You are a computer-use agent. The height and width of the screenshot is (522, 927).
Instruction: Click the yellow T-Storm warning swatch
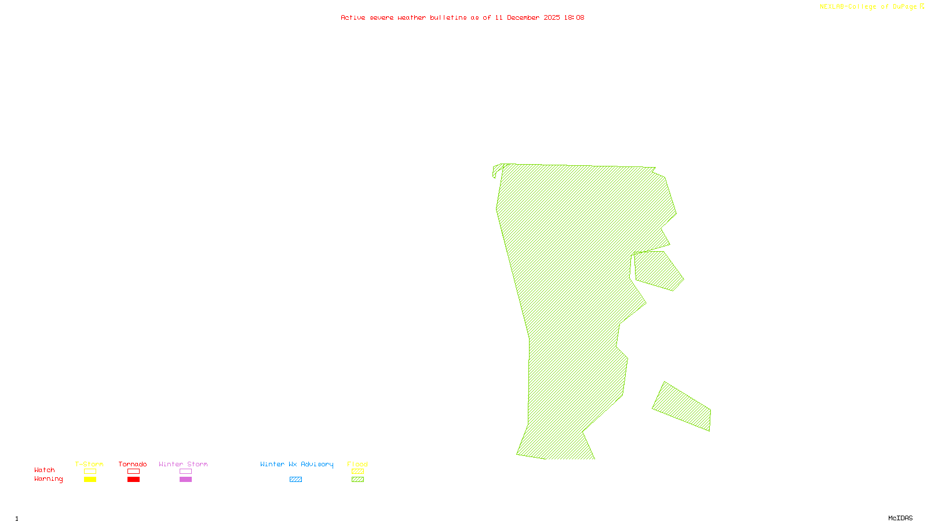90,480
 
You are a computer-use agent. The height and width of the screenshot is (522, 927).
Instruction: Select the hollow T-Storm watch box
90,472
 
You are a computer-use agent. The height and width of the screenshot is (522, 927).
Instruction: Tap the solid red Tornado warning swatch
134,480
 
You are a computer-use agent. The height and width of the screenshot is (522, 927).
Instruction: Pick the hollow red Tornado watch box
134,472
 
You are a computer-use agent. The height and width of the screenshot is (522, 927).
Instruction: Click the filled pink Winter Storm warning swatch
185,480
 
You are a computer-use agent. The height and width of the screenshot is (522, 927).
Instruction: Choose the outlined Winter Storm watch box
185,472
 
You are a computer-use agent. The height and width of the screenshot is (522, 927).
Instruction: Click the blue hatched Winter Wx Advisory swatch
295,480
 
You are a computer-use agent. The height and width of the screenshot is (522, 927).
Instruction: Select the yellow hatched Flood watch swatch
357,472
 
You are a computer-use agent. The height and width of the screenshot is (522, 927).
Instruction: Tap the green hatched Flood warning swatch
357,480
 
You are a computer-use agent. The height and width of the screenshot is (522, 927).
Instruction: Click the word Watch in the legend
45,470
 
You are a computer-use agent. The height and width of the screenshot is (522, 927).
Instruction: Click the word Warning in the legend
48,479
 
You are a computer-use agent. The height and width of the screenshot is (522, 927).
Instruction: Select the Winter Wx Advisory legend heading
297,464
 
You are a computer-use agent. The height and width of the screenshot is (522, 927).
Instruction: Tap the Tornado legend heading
133,464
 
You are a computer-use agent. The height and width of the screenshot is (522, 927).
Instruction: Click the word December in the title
523,17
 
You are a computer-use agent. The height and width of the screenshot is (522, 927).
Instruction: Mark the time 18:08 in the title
574,17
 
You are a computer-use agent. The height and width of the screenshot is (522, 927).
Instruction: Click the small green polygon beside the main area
659,270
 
